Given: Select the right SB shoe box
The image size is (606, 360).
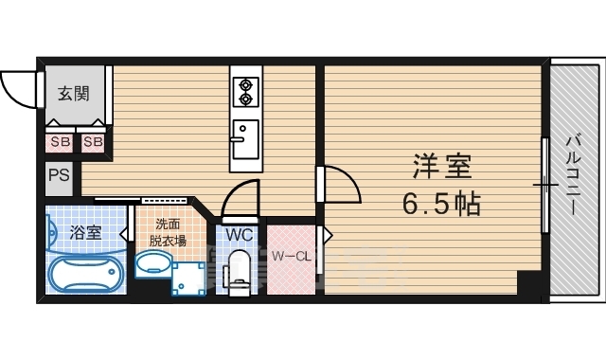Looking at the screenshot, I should coord(93,142).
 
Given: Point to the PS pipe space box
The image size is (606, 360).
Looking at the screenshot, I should coord(57,176).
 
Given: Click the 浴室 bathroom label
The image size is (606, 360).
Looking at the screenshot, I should coord(87,232).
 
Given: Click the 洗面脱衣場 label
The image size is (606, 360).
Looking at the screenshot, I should coord(170,232).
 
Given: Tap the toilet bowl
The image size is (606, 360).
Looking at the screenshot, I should coord(239,273).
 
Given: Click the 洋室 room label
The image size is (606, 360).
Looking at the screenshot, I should coord(441,168).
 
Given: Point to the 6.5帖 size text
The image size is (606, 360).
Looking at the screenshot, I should coord(441,202).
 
